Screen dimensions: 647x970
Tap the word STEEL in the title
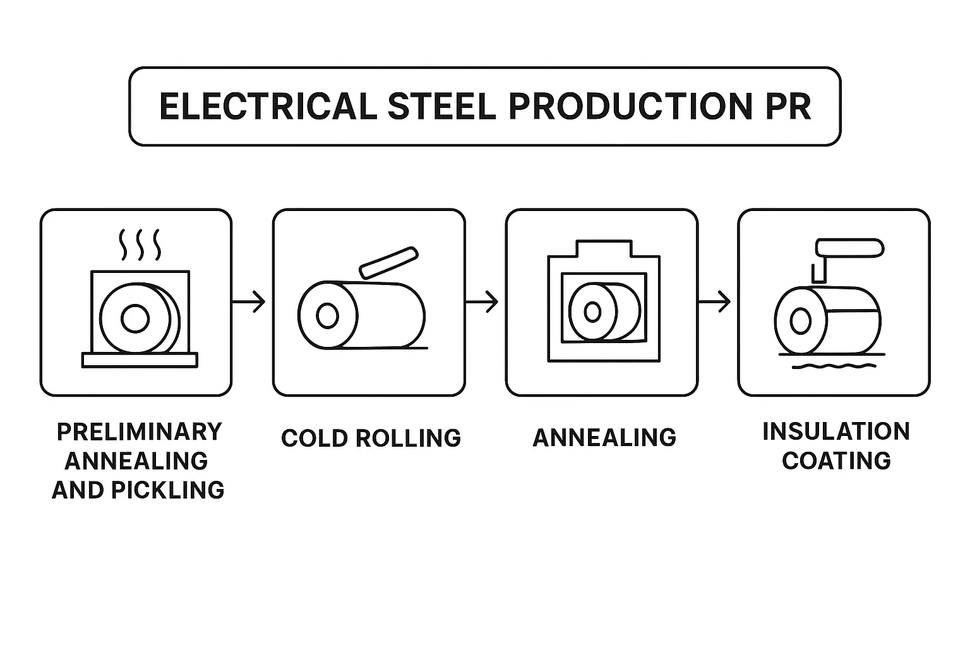tap(441, 106)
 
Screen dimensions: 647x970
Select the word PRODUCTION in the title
tap(620, 106)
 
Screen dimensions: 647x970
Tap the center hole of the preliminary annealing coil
tap(135, 318)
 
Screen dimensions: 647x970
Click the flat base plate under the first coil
tap(140, 360)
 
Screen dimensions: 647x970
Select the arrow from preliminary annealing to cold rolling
tap(249, 302)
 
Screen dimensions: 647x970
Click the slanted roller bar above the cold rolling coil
tap(388, 262)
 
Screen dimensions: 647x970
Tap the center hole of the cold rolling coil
tap(327, 315)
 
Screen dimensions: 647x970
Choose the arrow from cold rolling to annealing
tap(482, 302)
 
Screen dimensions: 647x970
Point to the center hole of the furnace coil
tap(592, 311)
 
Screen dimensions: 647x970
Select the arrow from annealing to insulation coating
tap(714, 302)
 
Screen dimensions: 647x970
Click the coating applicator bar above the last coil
tap(848, 248)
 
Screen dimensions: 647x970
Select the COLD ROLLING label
tap(371, 438)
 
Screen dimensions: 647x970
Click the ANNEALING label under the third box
tap(604, 437)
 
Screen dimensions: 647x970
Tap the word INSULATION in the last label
tap(836, 432)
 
